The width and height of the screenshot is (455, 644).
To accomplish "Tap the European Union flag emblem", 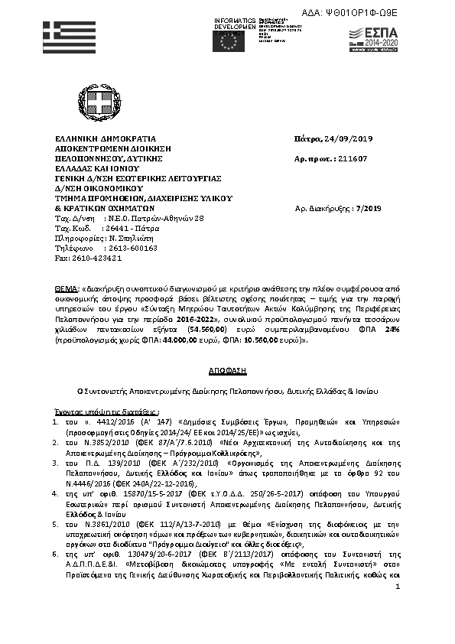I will [x=230, y=41].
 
